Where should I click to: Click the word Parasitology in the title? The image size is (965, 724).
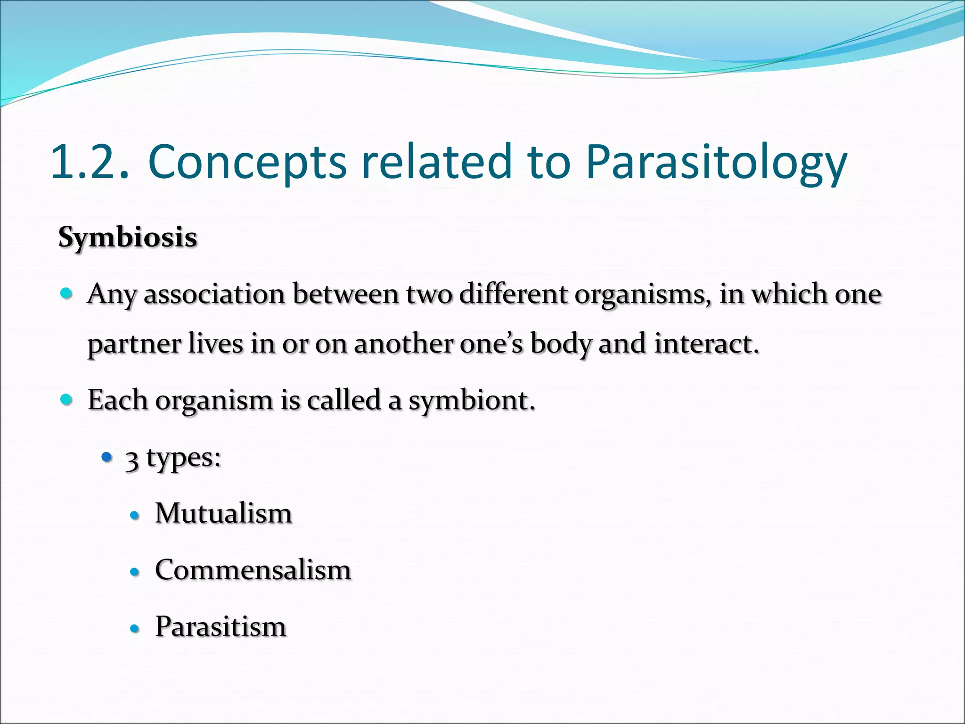(716, 163)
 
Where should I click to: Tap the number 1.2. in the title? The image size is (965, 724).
(90, 163)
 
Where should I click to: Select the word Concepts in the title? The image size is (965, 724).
(247, 163)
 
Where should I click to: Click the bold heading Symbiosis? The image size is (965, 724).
(128, 237)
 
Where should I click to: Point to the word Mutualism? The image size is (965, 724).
(223, 513)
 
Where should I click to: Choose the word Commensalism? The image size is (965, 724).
(253, 570)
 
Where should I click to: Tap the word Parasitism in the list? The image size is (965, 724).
(221, 627)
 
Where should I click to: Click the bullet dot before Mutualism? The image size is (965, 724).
(135, 516)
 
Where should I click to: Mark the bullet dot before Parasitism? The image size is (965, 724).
(135, 629)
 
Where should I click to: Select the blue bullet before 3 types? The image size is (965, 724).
(107, 457)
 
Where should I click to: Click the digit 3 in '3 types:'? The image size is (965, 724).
(132, 461)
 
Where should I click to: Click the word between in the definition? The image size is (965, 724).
(345, 295)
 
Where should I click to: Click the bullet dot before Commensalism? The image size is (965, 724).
(135, 572)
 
